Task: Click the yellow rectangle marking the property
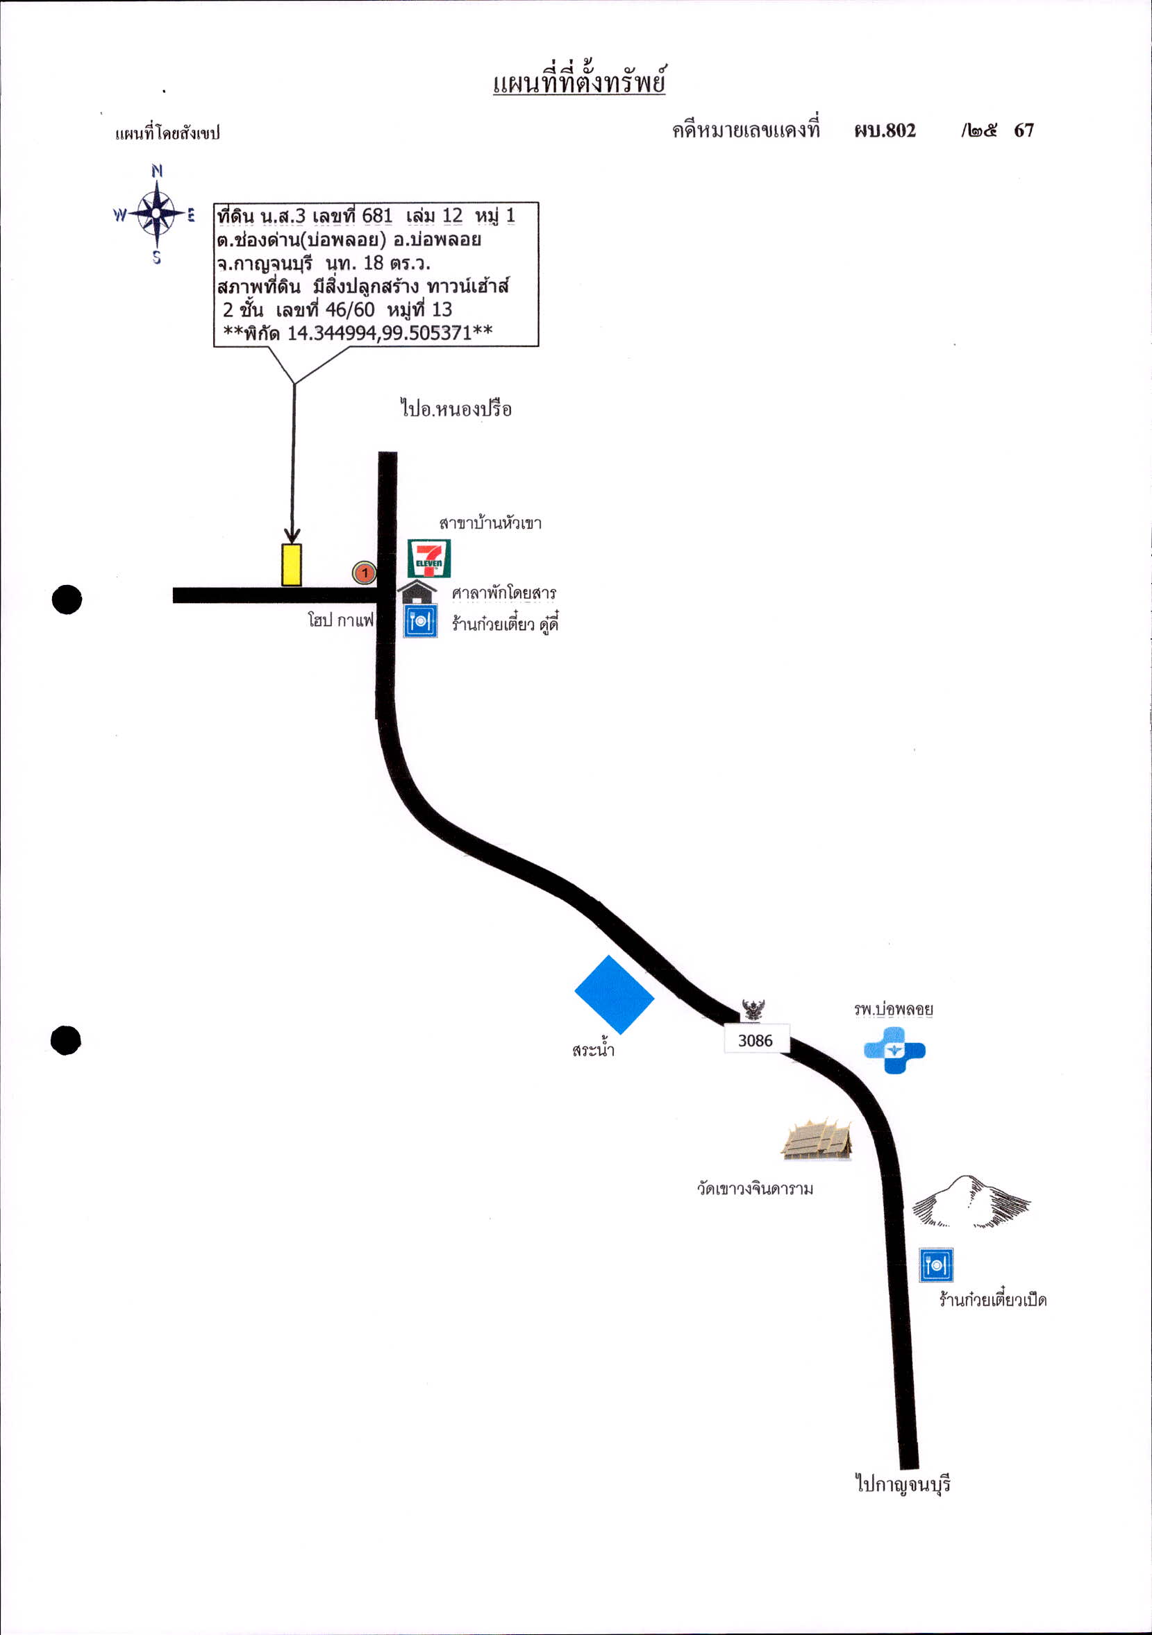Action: coord(292,565)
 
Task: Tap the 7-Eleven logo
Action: coord(429,558)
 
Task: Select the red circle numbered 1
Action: coord(364,573)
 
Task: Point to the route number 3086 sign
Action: coord(756,1040)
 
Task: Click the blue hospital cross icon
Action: coord(894,1050)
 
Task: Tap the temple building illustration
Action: coord(817,1139)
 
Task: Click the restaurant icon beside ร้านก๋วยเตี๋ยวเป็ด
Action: coord(935,1264)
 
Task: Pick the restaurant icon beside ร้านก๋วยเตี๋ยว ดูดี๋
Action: coord(420,621)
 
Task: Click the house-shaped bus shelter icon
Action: coord(417,592)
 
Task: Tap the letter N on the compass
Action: coord(157,171)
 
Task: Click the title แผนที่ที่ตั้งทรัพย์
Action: coord(579,81)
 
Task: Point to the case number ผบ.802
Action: coord(885,130)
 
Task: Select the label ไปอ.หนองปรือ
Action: coord(456,409)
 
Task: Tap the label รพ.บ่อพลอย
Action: coord(894,1009)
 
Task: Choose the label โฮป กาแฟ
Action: coord(340,620)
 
